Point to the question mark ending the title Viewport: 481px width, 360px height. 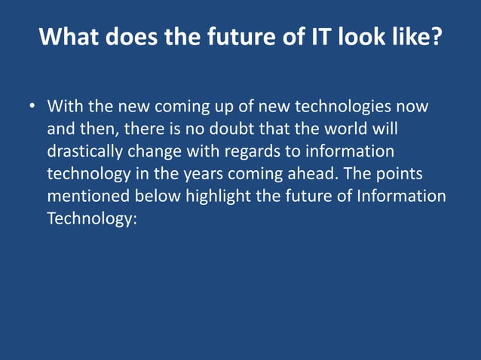coord(435,37)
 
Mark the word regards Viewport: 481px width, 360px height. coord(253,151)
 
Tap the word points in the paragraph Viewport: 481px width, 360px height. coord(399,174)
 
